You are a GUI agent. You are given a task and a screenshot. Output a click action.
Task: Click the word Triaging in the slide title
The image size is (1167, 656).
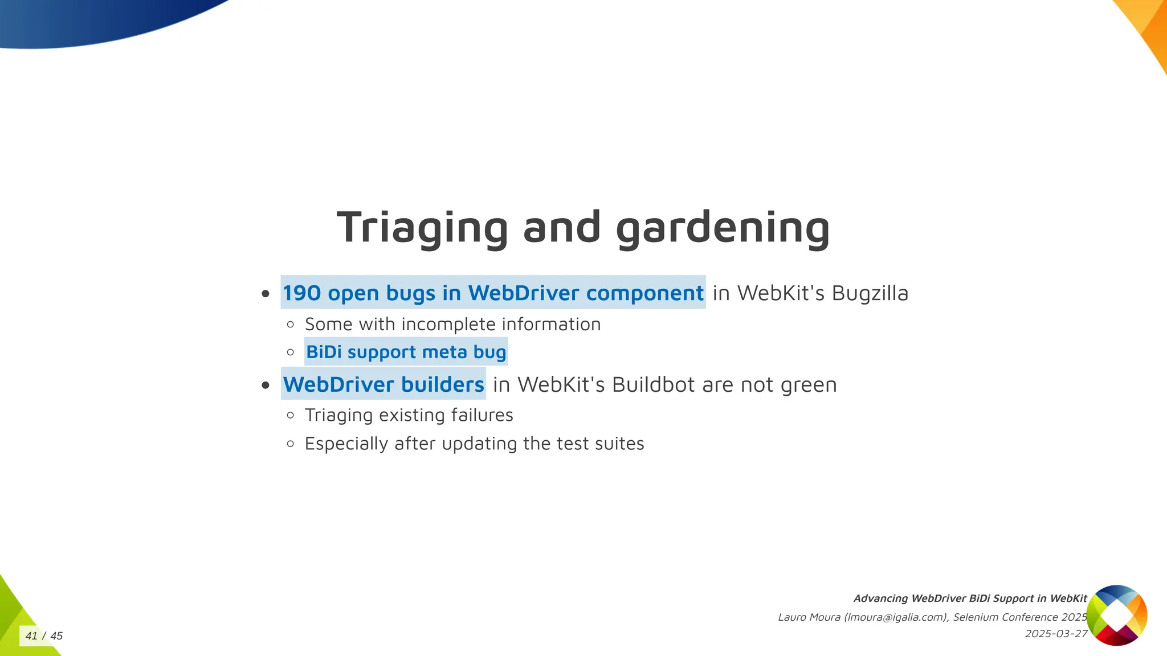(422, 228)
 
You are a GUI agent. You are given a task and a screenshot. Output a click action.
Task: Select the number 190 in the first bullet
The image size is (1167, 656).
(302, 293)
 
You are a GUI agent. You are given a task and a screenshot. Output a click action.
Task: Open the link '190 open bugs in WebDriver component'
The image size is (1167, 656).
(493, 293)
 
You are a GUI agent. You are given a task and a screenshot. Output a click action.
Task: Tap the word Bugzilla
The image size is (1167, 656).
(870, 293)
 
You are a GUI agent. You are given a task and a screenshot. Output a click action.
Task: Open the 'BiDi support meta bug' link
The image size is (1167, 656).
(406, 352)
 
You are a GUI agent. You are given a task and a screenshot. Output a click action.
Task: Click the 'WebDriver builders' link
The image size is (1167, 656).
(383, 385)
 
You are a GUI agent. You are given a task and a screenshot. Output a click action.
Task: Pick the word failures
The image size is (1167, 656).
(482, 415)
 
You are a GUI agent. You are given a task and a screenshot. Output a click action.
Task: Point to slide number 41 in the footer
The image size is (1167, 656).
(31, 636)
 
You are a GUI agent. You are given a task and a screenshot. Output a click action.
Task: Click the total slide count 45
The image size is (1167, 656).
(56, 636)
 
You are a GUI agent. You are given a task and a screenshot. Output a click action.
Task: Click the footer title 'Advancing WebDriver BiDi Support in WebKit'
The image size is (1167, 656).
(970, 598)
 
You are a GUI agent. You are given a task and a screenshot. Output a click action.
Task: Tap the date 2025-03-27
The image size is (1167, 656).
(1056, 634)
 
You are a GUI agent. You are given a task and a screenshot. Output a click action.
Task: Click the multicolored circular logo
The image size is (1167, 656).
(1116, 615)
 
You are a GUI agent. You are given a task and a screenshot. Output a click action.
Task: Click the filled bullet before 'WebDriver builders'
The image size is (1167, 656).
(266, 386)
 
